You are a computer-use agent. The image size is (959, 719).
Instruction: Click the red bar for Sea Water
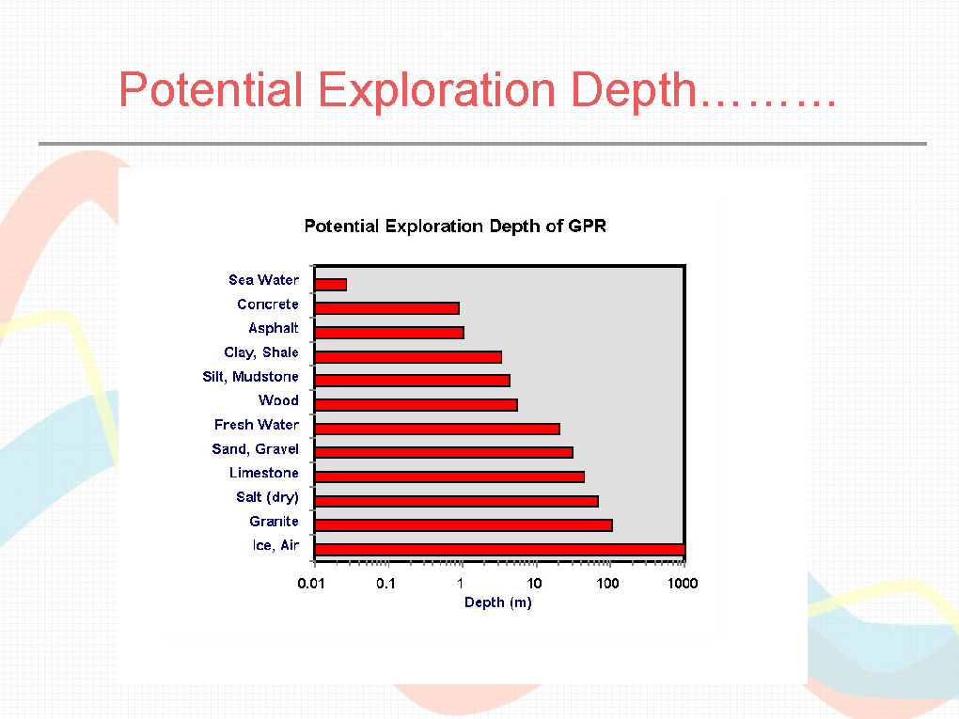pos(330,284)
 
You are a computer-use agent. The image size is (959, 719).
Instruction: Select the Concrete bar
pos(386,308)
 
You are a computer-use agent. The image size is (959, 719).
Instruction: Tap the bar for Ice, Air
pos(499,550)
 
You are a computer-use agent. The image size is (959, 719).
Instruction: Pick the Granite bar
pos(463,525)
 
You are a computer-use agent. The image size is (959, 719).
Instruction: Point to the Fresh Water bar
pos(436,429)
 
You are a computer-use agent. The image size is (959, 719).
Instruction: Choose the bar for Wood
pos(416,405)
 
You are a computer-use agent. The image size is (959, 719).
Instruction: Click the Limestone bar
pos(448,477)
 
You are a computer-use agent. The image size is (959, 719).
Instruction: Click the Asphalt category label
pos(274,328)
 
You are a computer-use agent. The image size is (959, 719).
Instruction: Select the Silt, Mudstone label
pos(250,377)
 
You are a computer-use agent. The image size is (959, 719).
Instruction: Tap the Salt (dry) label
pos(267,497)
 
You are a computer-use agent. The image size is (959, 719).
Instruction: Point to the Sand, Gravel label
pos(255,448)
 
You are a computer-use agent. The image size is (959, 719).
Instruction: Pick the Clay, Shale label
pos(261,352)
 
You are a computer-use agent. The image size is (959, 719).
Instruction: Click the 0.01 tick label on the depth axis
pos(310,584)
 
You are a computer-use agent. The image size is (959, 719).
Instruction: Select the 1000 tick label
pos(683,584)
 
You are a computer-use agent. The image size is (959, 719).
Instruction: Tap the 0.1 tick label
pos(385,584)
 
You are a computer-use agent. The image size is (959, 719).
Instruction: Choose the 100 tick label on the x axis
pos(607,584)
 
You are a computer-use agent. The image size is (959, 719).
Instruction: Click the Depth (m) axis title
pos(498,602)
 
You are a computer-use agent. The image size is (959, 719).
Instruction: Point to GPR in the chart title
pos(587,227)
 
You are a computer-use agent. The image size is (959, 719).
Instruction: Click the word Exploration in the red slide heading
pos(436,91)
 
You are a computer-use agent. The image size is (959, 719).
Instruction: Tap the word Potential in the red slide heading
pos(211,89)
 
